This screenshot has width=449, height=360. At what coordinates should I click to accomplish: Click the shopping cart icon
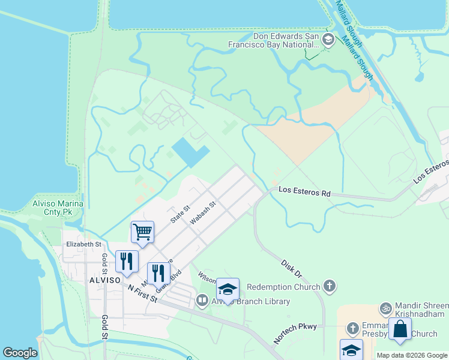point(142,232)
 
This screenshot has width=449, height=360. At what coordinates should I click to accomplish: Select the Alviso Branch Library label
point(250,302)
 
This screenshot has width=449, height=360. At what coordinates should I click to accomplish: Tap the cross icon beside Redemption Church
point(329,286)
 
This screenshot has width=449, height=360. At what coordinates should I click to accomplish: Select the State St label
point(179,214)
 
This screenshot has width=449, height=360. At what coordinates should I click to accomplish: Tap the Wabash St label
point(203,213)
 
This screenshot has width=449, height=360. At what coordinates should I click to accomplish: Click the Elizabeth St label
point(83,244)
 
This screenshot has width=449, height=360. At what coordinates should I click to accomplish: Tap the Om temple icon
point(385,310)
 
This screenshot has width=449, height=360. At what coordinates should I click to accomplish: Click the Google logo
point(20,353)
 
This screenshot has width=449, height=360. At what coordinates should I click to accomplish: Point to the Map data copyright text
point(412,355)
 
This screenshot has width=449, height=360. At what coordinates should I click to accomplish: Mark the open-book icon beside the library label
point(202,301)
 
